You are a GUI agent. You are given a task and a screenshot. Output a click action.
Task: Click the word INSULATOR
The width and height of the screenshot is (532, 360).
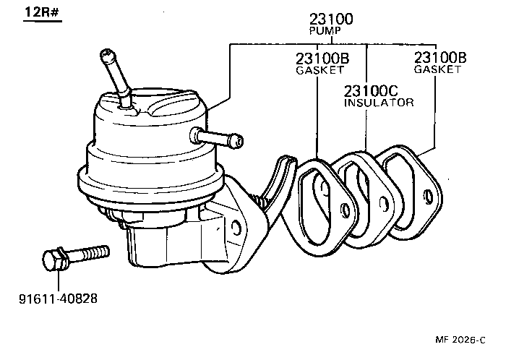point(378,103)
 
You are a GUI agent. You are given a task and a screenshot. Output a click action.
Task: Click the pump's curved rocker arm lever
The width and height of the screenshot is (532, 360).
point(278,177)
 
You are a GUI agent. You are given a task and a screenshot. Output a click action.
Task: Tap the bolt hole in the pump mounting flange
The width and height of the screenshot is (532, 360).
point(236,228)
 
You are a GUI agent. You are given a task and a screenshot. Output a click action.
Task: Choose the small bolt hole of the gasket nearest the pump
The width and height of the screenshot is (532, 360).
point(345,211)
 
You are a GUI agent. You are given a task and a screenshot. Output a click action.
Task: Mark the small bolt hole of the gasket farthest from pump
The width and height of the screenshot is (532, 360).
point(429,195)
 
